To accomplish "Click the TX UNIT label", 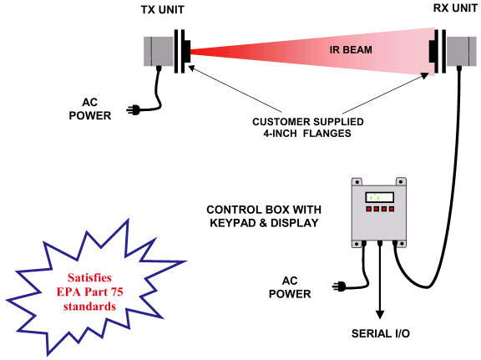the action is (162, 10).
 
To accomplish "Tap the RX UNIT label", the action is (455, 8).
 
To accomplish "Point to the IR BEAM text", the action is (351, 50).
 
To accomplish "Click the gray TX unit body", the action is (159, 51).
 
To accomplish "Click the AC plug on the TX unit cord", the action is (134, 110).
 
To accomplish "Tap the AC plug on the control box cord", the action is (339, 286).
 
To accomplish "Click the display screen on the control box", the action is (379, 197).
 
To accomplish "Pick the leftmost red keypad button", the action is (369, 209).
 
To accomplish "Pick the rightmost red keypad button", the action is (392, 209).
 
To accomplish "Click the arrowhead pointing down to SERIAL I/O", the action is (380, 315).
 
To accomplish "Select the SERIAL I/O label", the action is (381, 333).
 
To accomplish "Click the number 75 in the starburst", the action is (117, 292).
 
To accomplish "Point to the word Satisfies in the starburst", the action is (89, 278).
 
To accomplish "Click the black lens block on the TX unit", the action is (187, 52).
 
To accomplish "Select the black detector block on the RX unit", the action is (433, 51).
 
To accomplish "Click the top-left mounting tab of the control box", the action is (357, 182).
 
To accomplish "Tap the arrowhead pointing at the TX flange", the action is (191, 68).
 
